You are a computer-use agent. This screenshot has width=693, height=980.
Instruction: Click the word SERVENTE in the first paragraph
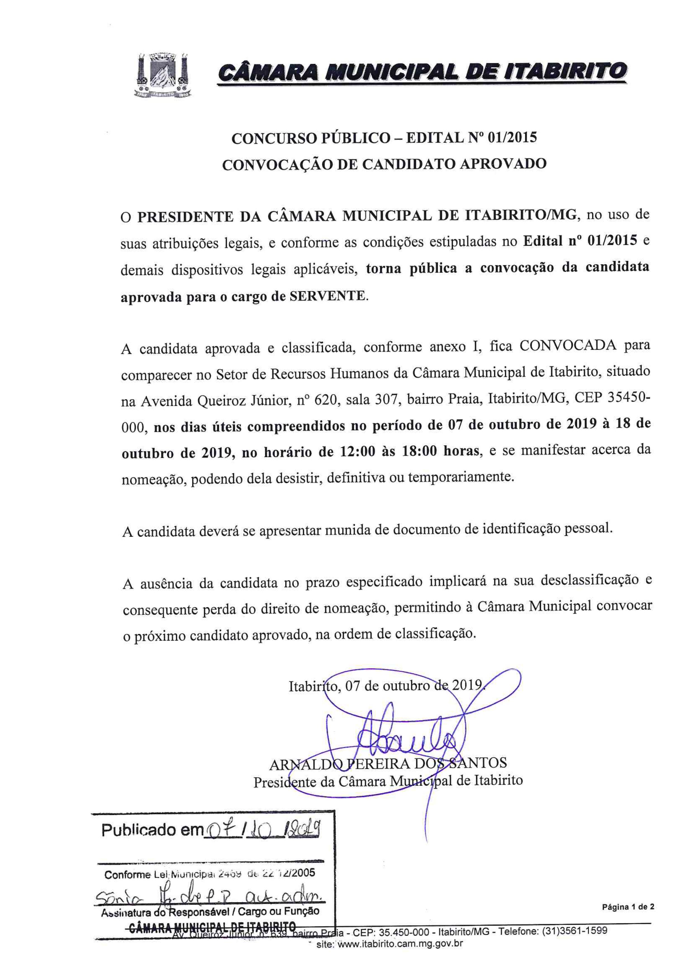(327, 296)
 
